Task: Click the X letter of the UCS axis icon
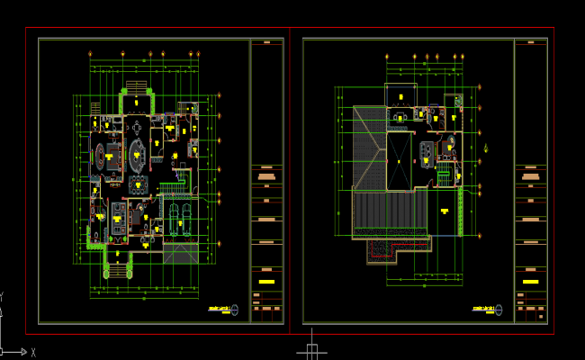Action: (33, 352)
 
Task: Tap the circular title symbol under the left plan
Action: (236, 310)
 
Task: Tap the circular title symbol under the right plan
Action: (500, 310)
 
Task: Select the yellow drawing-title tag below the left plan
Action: (218, 310)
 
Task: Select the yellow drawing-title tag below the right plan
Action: (482, 310)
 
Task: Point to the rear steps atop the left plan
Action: (136, 87)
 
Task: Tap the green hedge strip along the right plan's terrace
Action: (461, 211)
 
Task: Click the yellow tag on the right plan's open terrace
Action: (444, 211)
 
